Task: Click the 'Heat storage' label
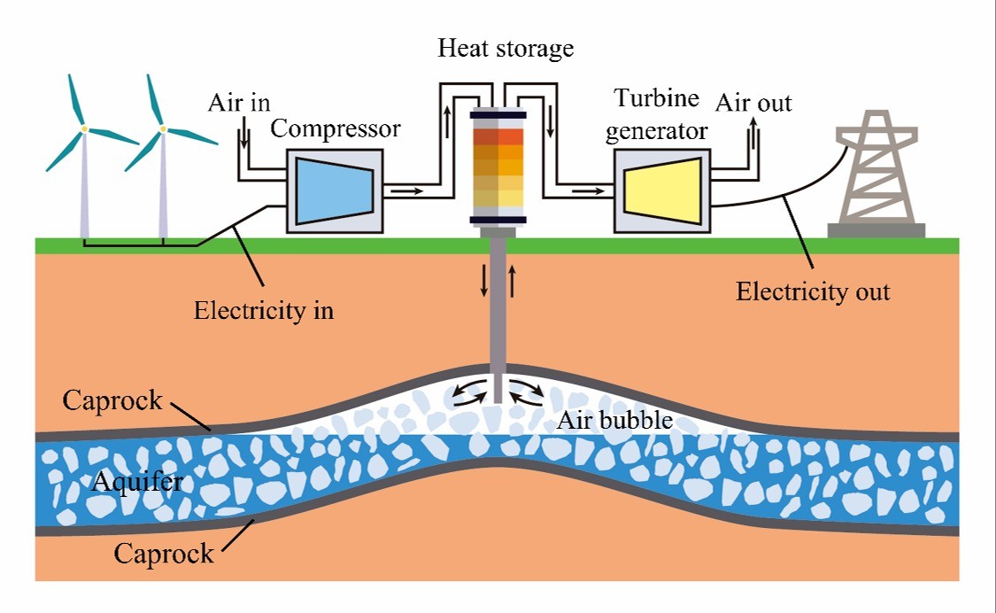click(x=506, y=48)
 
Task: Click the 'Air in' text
click(x=239, y=102)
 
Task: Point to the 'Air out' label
click(x=753, y=103)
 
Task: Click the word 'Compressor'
click(x=336, y=129)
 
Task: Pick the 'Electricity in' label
click(x=264, y=311)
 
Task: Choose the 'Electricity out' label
click(x=813, y=291)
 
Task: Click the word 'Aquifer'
click(x=136, y=483)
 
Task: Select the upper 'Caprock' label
click(x=112, y=400)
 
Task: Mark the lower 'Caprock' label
click(x=164, y=555)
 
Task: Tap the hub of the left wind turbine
click(x=83, y=129)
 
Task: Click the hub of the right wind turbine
click(x=162, y=129)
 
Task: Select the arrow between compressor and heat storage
click(x=407, y=189)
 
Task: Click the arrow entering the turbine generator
click(x=585, y=189)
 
